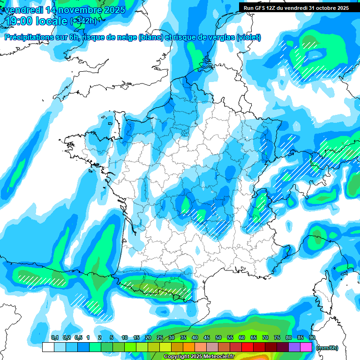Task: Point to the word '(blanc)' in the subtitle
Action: click(150, 37)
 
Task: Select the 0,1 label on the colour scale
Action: click(55, 338)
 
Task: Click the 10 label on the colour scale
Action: click(125, 338)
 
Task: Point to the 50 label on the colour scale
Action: click(218, 338)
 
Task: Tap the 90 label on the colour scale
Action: click(312, 338)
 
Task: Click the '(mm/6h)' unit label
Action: click(328, 348)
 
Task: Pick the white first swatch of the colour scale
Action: click(48, 347)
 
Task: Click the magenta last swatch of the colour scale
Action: click(306, 347)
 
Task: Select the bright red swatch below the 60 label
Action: click(247, 347)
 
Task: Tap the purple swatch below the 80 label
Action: click(294, 347)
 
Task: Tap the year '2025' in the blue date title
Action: click(111, 9)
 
